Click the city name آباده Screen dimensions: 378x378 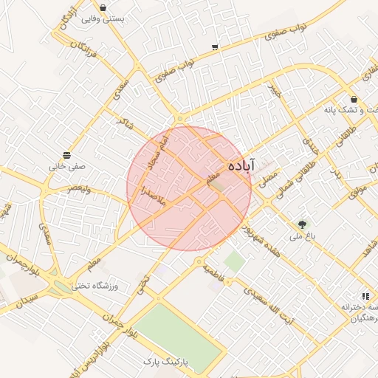point(241,165)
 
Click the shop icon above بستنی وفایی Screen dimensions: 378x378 point(102,7)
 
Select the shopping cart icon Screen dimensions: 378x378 point(215,47)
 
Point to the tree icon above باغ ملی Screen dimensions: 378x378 point(301,224)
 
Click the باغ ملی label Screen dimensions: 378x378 point(301,236)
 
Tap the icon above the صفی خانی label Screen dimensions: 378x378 point(67,155)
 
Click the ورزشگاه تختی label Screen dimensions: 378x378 point(100,284)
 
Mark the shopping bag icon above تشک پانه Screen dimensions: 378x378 point(354,98)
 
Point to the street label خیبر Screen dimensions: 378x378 point(275,92)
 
